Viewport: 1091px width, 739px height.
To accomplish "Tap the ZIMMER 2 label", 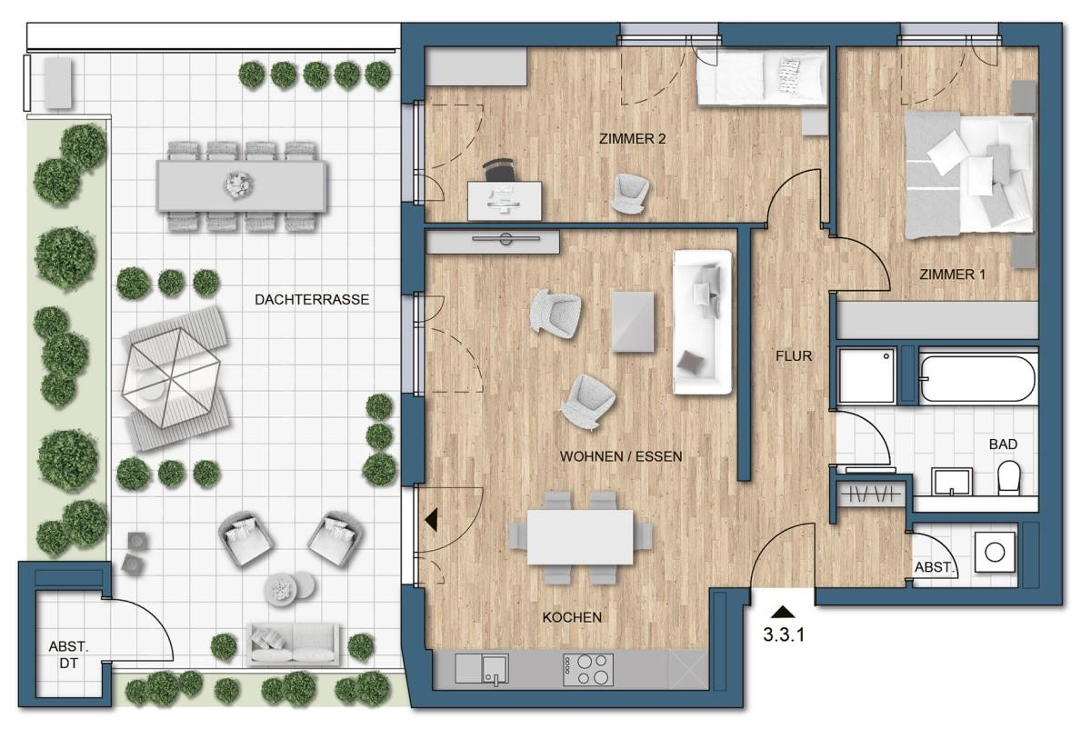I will [633, 139].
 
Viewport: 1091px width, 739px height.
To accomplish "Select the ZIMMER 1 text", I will [952, 274].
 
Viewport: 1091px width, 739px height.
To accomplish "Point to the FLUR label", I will [794, 356].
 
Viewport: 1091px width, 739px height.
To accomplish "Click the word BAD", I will [1003, 444].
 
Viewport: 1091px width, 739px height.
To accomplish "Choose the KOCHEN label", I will [572, 617].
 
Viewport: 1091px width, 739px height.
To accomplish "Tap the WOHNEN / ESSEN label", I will [621, 456].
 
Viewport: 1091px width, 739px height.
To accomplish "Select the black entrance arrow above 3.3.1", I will [784, 613].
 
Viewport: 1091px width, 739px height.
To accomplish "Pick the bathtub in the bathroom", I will [977, 377].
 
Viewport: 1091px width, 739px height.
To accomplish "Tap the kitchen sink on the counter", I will [495, 670].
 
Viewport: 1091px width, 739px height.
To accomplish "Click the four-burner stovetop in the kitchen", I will [588, 670].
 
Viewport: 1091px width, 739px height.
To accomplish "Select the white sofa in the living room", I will [702, 322].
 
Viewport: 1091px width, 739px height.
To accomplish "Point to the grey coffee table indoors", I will [633, 321].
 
